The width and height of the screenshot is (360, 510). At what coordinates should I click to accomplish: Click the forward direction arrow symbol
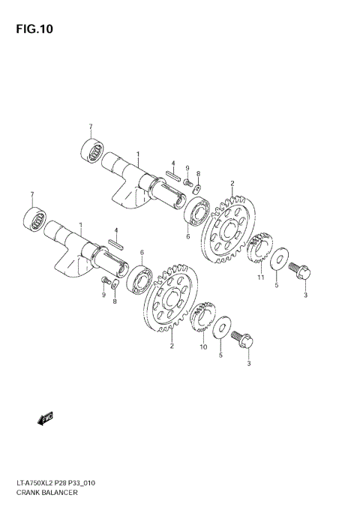[46, 417]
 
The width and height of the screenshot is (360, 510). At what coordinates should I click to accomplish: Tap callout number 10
[202, 347]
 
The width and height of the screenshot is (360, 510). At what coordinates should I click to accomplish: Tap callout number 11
[261, 277]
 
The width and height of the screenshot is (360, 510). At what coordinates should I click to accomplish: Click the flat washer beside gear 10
[221, 328]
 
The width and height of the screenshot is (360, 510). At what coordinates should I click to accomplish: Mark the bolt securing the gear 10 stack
[246, 339]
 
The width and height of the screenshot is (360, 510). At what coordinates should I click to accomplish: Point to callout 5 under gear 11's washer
[275, 285]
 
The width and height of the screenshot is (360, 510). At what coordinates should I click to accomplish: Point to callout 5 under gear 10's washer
[220, 355]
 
